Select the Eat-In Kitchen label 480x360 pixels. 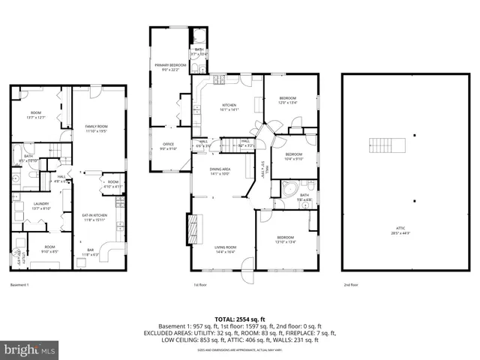point(94,217)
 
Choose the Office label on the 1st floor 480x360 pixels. point(167,146)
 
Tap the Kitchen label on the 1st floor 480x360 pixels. point(228,106)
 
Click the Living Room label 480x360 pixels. point(226,249)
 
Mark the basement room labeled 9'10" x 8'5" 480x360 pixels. point(49,249)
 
